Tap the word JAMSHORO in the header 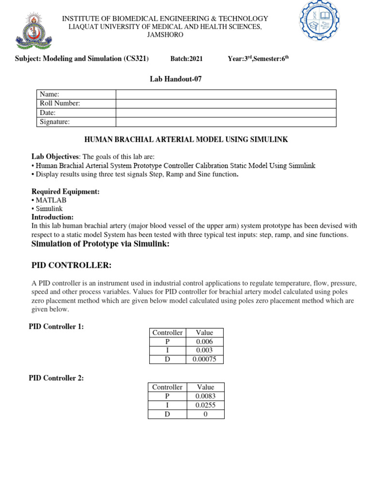pos(165,35)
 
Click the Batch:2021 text pos(186,59)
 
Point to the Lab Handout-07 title pos(176,79)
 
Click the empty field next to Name pos(226,94)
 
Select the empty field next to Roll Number pos(226,103)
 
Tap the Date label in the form pos(47,113)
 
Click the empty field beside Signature pos(226,122)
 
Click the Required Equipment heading pos(65,191)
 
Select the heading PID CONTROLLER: pos(71,265)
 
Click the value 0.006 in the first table pos(204,341)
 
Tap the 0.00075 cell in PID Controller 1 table pos(204,359)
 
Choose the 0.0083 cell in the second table pos(205,396)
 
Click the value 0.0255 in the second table pos(205,405)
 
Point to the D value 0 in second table pos(205,414)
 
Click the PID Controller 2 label pos(56,378)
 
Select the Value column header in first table pos(204,333)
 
